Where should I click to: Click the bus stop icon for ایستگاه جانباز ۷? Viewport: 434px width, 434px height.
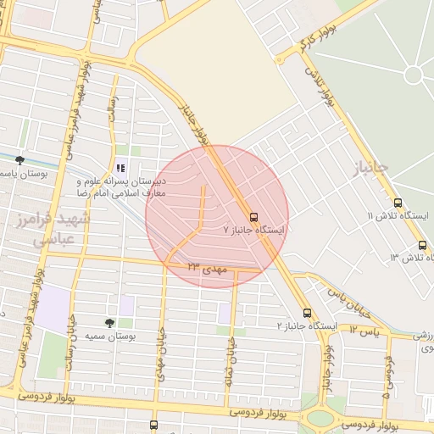(x=253, y=216)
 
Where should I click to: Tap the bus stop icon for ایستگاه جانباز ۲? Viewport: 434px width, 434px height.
(x=307, y=313)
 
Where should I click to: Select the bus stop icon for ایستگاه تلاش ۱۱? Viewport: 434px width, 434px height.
(x=398, y=203)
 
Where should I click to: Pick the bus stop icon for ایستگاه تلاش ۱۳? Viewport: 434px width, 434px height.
(x=422, y=246)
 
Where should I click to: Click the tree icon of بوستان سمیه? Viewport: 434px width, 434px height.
(x=109, y=323)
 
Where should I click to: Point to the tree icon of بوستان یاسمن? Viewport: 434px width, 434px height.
(x=19, y=160)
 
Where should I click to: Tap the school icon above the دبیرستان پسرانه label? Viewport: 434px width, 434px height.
(x=120, y=166)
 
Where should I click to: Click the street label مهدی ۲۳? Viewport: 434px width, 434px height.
(x=209, y=267)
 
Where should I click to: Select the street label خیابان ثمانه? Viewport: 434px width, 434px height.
(x=229, y=362)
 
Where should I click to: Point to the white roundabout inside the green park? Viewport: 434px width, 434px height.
(x=414, y=75)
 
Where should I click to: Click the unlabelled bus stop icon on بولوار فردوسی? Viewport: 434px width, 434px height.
(x=153, y=425)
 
